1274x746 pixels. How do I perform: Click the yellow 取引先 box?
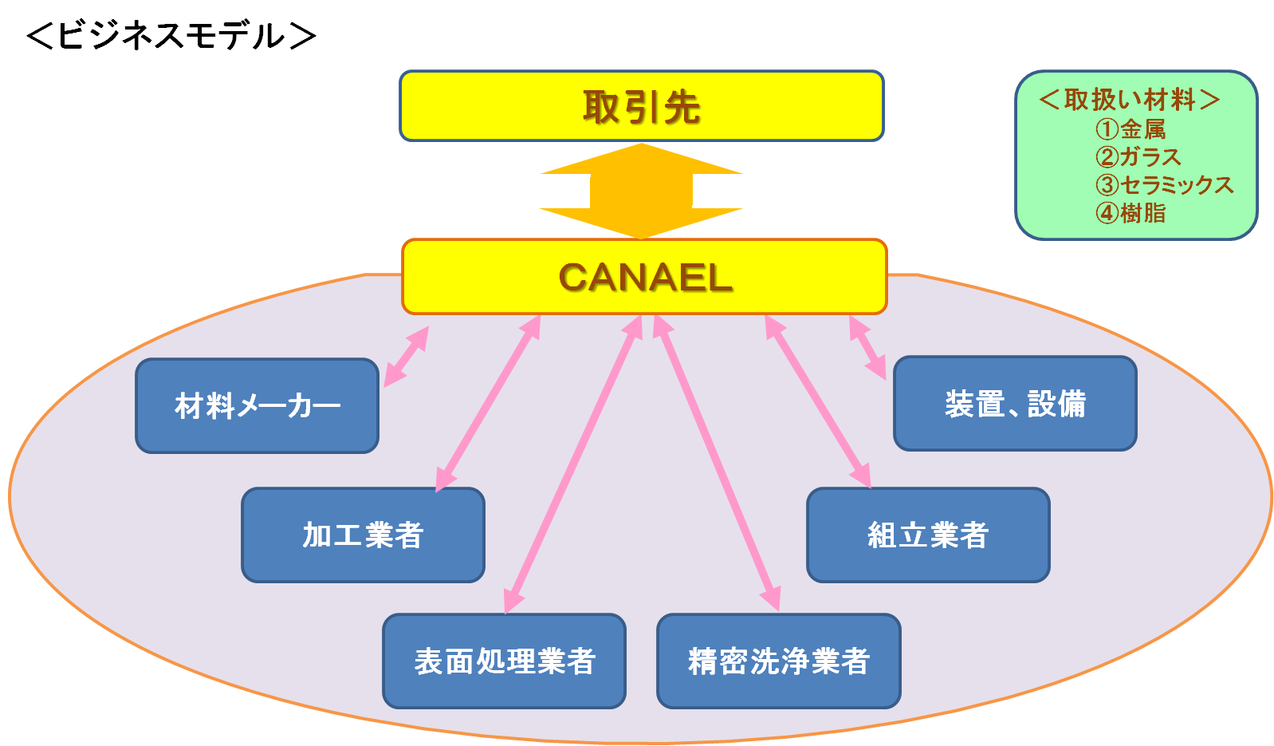click(641, 106)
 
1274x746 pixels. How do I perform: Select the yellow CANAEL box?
click(644, 277)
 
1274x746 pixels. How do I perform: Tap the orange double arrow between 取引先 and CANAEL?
click(641, 191)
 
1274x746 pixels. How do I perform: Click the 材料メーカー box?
click(257, 406)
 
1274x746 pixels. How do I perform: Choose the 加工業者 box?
click(363, 535)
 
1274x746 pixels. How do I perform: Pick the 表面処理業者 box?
click(504, 661)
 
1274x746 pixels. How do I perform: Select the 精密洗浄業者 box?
click(778, 661)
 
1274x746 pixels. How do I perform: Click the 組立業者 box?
click(928, 535)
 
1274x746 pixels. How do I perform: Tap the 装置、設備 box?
click(1015, 404)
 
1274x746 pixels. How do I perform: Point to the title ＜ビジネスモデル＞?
click(171, 36)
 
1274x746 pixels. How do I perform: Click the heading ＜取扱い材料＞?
click(1130, 100)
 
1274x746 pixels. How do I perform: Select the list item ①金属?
click(1130, 128)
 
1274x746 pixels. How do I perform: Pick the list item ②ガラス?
click(1138, 156)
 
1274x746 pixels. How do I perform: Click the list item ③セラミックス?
click(1164, 185)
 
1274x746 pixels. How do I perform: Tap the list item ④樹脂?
click(1130, 213)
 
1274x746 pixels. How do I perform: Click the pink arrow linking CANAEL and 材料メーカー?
click(407, 357)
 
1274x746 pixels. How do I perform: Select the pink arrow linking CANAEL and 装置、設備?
click(867, 348)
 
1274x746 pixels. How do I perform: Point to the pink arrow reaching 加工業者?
click(488, 404)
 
